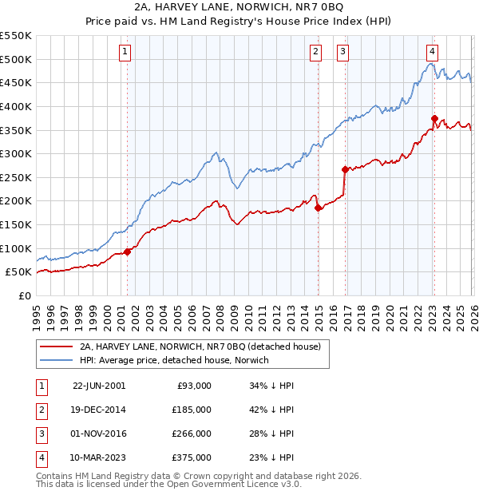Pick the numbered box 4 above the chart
coord(432,53)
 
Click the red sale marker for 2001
coord(128,251)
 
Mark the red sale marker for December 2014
coord(318,208)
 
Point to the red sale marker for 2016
coord(344,169)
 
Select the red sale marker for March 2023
coord(434,118)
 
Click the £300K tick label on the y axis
coord(16,153)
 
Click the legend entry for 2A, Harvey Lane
coord(200,346)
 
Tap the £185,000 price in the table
coord(192,409)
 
